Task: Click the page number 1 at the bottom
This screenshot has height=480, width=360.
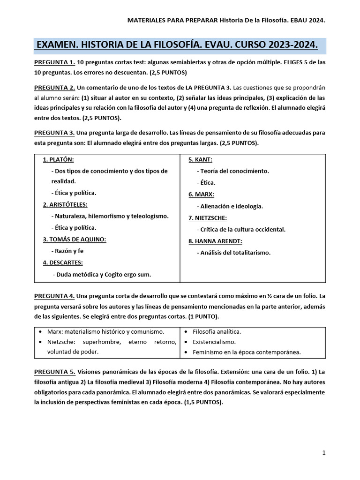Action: click(324, 453)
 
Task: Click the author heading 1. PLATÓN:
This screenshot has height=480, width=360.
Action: click(59, 159)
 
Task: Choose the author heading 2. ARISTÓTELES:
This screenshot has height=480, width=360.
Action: click(65, 204)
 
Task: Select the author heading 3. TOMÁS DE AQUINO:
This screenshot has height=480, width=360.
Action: click(75, 239)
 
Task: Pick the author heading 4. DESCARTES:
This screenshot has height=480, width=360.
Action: click(63, 262)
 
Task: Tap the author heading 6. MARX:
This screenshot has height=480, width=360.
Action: click(202, 194)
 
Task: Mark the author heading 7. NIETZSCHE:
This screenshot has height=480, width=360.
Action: click(208, 217)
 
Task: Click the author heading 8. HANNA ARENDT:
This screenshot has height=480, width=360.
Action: click(216, 241)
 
